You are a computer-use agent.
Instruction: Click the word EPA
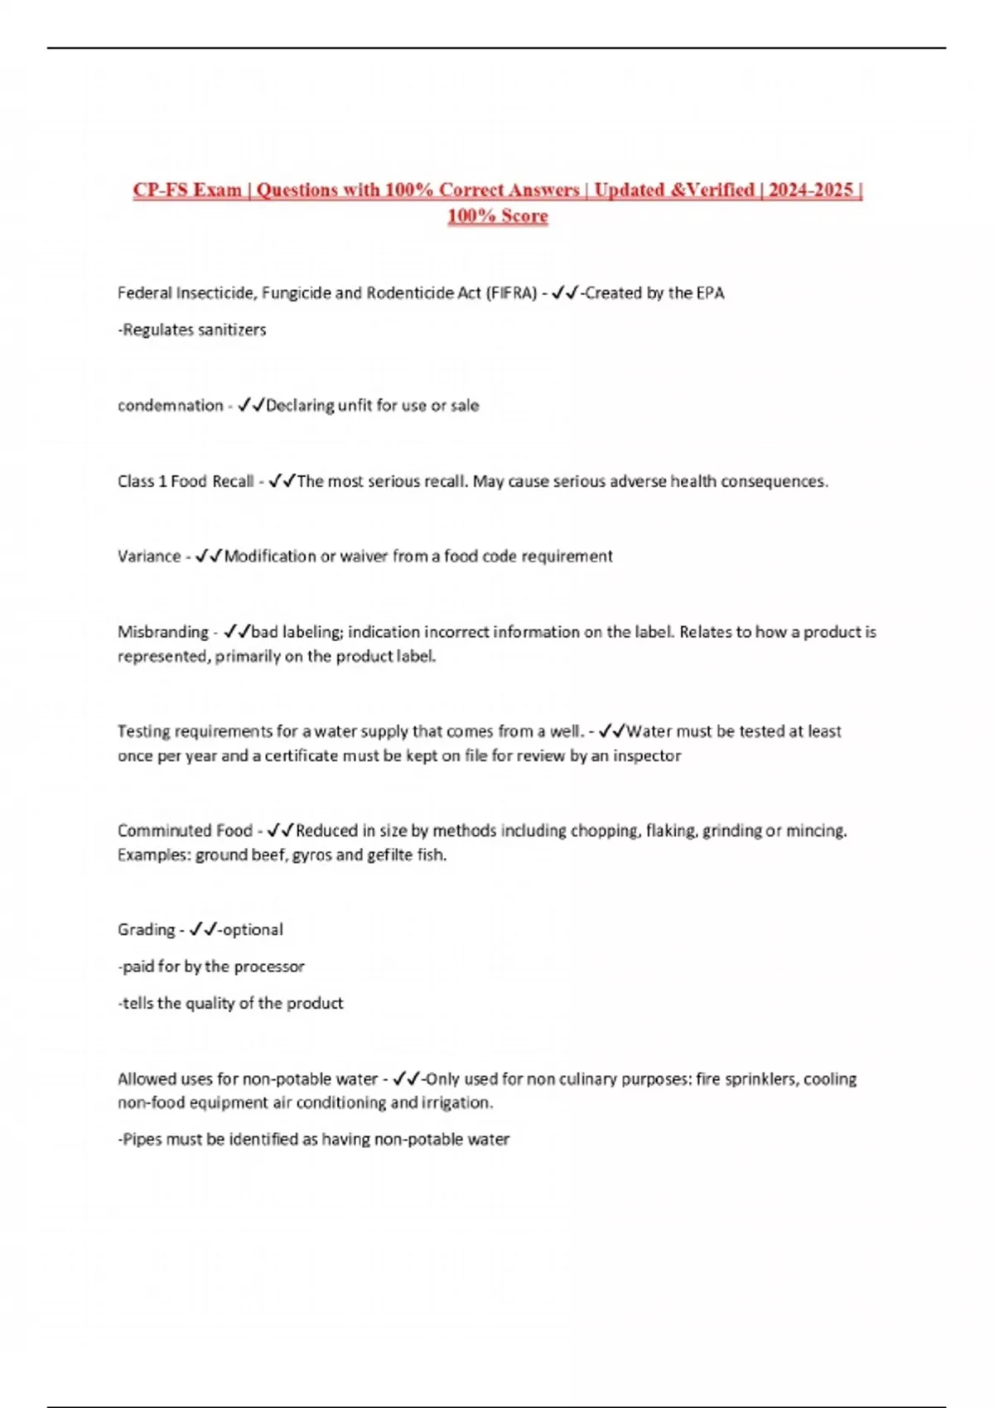tap(710, 293)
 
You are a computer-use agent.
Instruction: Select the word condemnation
tap(170, 406)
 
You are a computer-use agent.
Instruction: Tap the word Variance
tap(149, 557)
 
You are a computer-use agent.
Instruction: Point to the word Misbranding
tap(163, 632)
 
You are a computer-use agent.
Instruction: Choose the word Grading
tap(146, 930)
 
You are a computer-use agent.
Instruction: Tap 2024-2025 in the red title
tap(810, 190)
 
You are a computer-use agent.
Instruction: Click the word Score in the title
tap(524, 216)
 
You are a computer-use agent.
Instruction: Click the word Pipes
tap(142, 1140)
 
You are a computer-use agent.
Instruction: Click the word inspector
tap(647, 756)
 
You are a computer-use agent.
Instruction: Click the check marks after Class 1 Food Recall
tap(282, 481)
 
